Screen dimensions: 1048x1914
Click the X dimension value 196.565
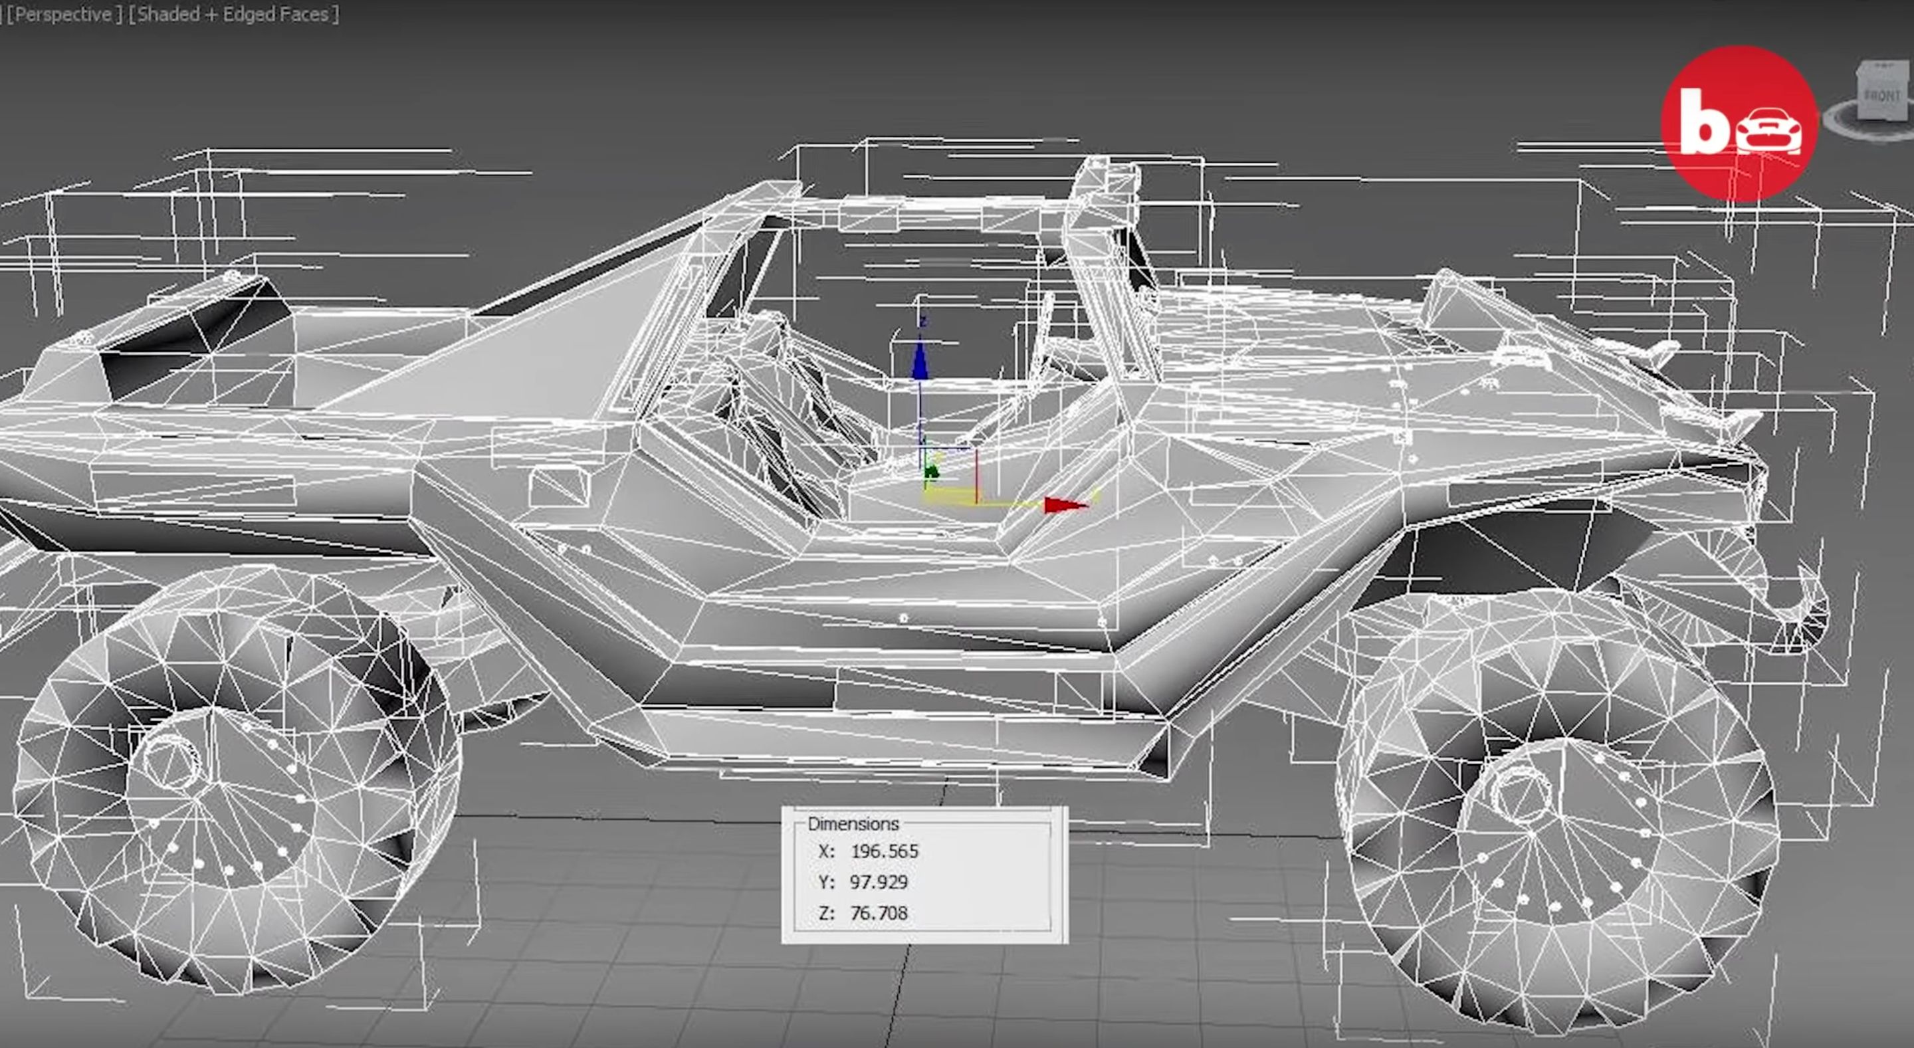[x=884, y=851]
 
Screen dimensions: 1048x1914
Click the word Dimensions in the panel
[x=852, y=823]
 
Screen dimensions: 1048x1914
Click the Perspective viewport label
[x=62, y=14]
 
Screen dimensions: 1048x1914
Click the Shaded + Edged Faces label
[x=233, y=14]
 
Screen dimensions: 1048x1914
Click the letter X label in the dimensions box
[x=825, y=851]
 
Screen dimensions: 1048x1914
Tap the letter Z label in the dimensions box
[x=825, y=914]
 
